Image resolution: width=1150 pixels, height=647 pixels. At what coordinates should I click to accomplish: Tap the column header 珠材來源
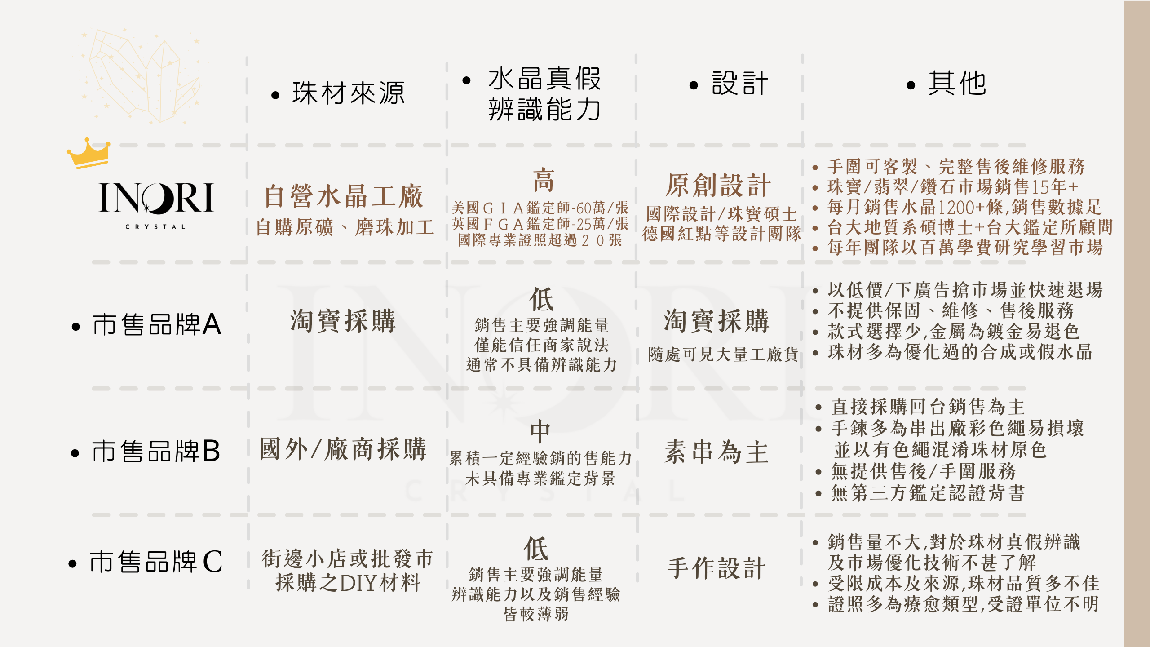click(x=349, y=93)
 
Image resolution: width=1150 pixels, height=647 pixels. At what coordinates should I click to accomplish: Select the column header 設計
click(x=740, y=84)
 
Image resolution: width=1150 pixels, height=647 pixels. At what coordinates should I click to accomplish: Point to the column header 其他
click(x=957, y=84)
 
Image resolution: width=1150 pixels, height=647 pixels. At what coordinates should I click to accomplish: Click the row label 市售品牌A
click(x=157, y=324)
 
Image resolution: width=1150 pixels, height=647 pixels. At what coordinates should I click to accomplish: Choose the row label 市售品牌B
click(x=156, y=451)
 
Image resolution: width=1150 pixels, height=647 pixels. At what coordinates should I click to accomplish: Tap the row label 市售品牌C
click(x=156, y=562)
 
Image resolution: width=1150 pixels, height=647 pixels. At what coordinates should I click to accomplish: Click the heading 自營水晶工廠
click(x=344, y=197)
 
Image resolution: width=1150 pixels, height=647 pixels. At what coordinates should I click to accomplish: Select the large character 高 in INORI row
click(x=544, y=181)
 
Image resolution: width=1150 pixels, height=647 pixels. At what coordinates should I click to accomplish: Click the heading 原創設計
click(x=718, y=185)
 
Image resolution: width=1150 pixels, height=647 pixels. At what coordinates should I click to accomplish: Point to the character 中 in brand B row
click(x=540, y=432)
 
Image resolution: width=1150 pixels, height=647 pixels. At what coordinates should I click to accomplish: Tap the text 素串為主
click(x=717, y=452)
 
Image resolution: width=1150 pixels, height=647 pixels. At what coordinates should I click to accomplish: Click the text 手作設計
click(x=717, y=568)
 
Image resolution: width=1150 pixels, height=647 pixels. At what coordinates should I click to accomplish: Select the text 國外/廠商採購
click(x=343, y=449)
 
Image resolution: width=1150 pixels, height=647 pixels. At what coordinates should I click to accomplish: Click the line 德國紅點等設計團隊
click(x=721, y=234)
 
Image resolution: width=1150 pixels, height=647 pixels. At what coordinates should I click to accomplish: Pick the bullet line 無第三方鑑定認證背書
click(x=928, y=493)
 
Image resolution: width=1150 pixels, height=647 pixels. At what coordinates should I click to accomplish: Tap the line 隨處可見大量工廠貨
click(x=723, y=355)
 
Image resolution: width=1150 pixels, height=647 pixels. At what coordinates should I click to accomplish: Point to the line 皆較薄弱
click(x=536, y=614)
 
